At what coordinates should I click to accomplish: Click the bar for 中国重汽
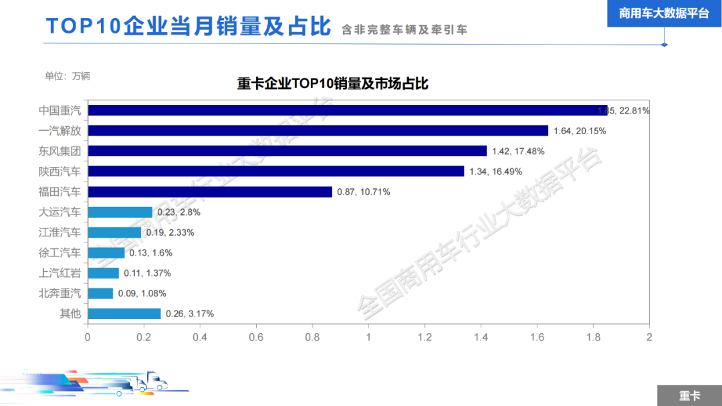point(348,110)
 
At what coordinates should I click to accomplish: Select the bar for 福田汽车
point(210,192)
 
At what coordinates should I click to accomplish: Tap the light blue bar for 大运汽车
point(120,212)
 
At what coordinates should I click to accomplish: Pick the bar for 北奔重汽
point(100,293)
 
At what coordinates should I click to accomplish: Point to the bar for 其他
point(124,314)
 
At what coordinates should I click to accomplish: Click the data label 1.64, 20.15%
point(580,131)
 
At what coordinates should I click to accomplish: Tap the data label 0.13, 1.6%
point(151,253)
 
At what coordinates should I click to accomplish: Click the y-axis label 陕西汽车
point(59,172)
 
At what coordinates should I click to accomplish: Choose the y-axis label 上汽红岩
point(59,273)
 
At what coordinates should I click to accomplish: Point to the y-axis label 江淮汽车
point(59,232)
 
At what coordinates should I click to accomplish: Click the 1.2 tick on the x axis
point(425,337)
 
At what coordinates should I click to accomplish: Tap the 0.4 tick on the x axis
point(200,337)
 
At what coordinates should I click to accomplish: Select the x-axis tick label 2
point(648,337)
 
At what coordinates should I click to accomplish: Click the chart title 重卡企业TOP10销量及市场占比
point(332,84)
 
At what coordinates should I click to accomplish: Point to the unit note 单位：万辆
point(68,76)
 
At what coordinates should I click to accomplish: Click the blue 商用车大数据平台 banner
point(664,13)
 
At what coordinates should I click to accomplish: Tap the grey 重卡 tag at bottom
point(689,396)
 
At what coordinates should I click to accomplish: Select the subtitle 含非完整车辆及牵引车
point(404,30)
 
